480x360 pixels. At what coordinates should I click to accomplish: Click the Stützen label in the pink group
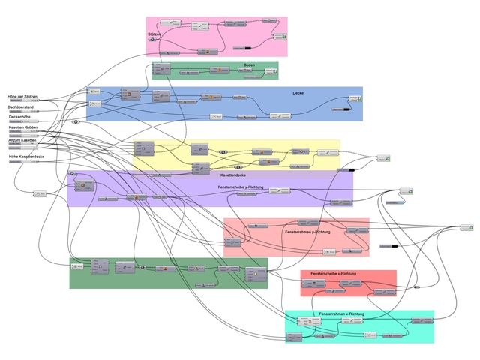click(155, 34)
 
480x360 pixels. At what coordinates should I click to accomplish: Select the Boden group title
click(249, 65)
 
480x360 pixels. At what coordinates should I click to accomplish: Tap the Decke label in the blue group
click(298, 92)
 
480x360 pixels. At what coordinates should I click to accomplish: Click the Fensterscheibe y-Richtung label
click(241, 187)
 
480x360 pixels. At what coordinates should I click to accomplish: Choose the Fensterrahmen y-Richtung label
click(308, 232)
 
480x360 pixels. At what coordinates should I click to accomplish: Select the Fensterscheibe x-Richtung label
click(327, 274)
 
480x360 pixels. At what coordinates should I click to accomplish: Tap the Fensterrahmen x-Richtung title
click(342, 313)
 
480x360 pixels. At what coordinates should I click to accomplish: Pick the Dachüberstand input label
click(22, 107)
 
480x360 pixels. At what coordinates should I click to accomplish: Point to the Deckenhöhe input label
click(20, 117)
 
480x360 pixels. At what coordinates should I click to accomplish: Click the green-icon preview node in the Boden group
click(275, 71)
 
